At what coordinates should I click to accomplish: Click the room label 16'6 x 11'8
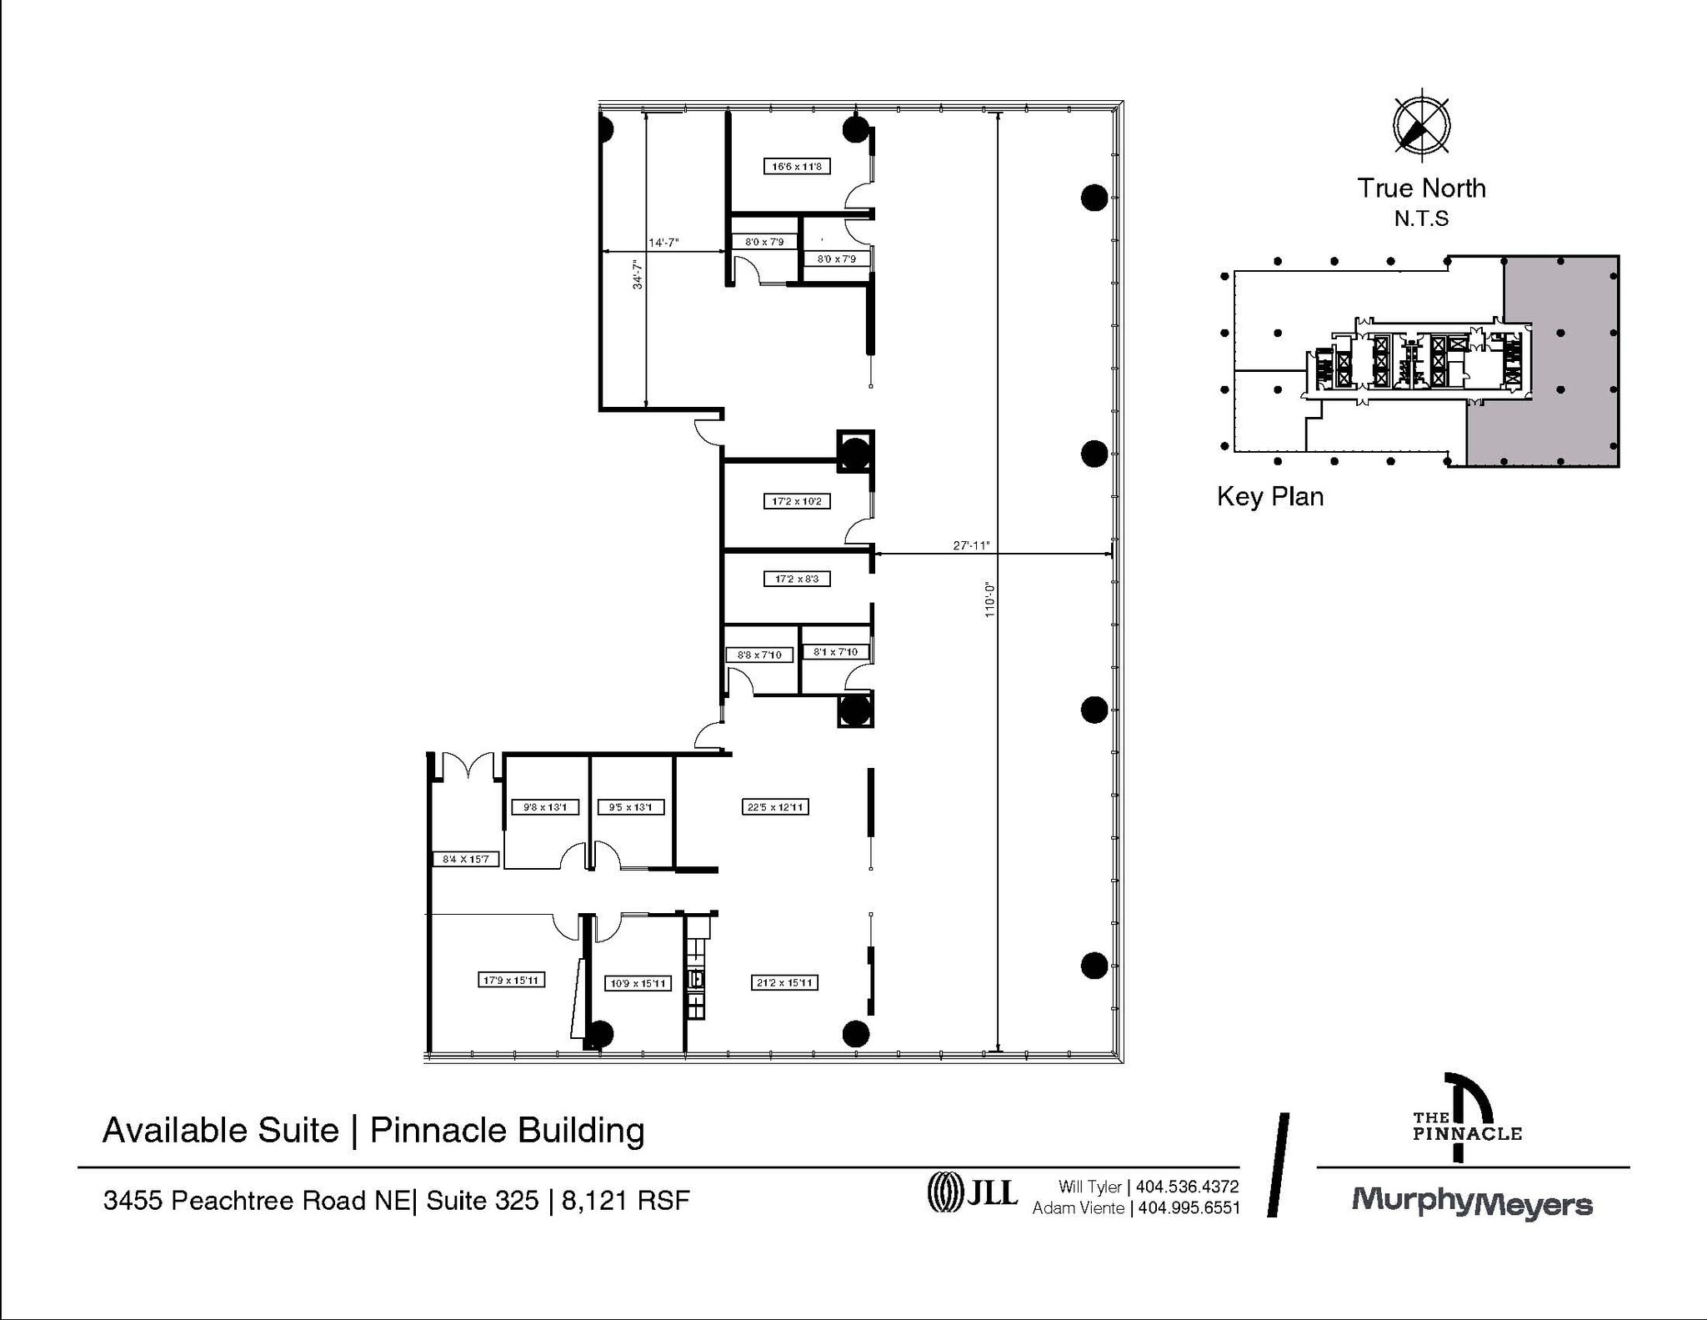click(x=796, y=167)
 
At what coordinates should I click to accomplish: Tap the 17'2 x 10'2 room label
click(x=796, y=501)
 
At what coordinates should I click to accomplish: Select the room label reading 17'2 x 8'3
click(x=796, y=579)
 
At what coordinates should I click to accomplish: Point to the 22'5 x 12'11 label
click(x=775, y=807)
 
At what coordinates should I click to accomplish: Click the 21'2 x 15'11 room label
click(x=783, y=983)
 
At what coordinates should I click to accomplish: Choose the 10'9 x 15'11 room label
click(x=638, y=983)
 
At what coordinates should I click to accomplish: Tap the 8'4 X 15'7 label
click(x=466, y=859)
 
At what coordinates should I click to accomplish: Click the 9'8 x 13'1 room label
click(x=544, y=807)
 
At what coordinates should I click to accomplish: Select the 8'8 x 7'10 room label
click(x=758, y=655)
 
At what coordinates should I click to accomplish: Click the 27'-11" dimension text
click(x=971, y=545)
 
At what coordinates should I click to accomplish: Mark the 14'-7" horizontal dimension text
click(x=663, y=243)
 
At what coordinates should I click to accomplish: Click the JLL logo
click(x=973, y=1192)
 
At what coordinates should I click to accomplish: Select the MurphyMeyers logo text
click(x=1471, y=1202)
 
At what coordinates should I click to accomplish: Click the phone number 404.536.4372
click(x=1187, y=1187)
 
